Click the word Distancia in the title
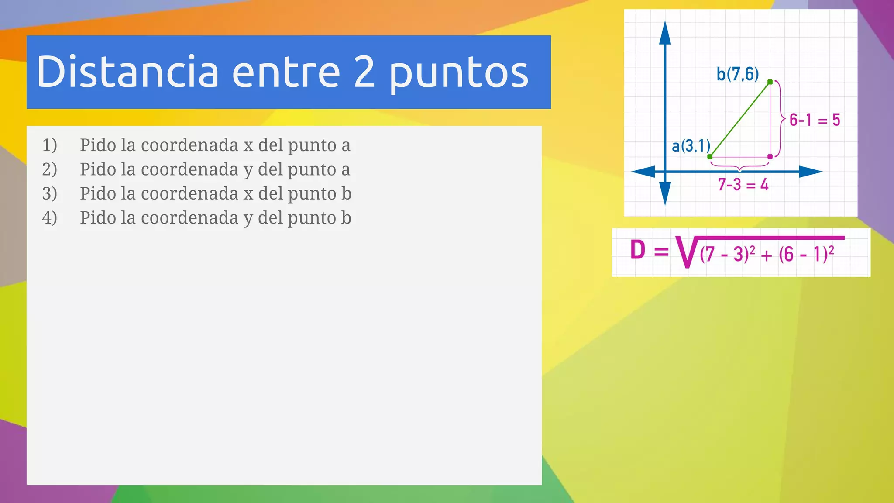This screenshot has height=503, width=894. tap(127, 72)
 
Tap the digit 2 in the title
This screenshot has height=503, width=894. tap(364, 72)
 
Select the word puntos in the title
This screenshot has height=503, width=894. tap(458, 74)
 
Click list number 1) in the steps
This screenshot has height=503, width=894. tap(49, 145)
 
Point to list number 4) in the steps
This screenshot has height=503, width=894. tap(49, 218)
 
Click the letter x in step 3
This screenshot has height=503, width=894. tap(248, 194)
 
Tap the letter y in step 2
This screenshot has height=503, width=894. tap(248, 170)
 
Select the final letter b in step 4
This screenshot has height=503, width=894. tap(346, 218)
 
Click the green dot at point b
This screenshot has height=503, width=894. tap(770, 82)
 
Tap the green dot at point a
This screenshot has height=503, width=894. tap(710, 156)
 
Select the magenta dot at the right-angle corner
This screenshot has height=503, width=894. tap(770, 156)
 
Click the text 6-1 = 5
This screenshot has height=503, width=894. tap(815, 120)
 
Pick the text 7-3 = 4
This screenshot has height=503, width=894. tap(743, 185)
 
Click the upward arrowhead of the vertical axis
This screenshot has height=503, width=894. tap(665, 33)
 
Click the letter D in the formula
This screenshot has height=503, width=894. tap(638, 251)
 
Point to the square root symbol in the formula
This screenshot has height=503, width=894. tap(686, 252)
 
